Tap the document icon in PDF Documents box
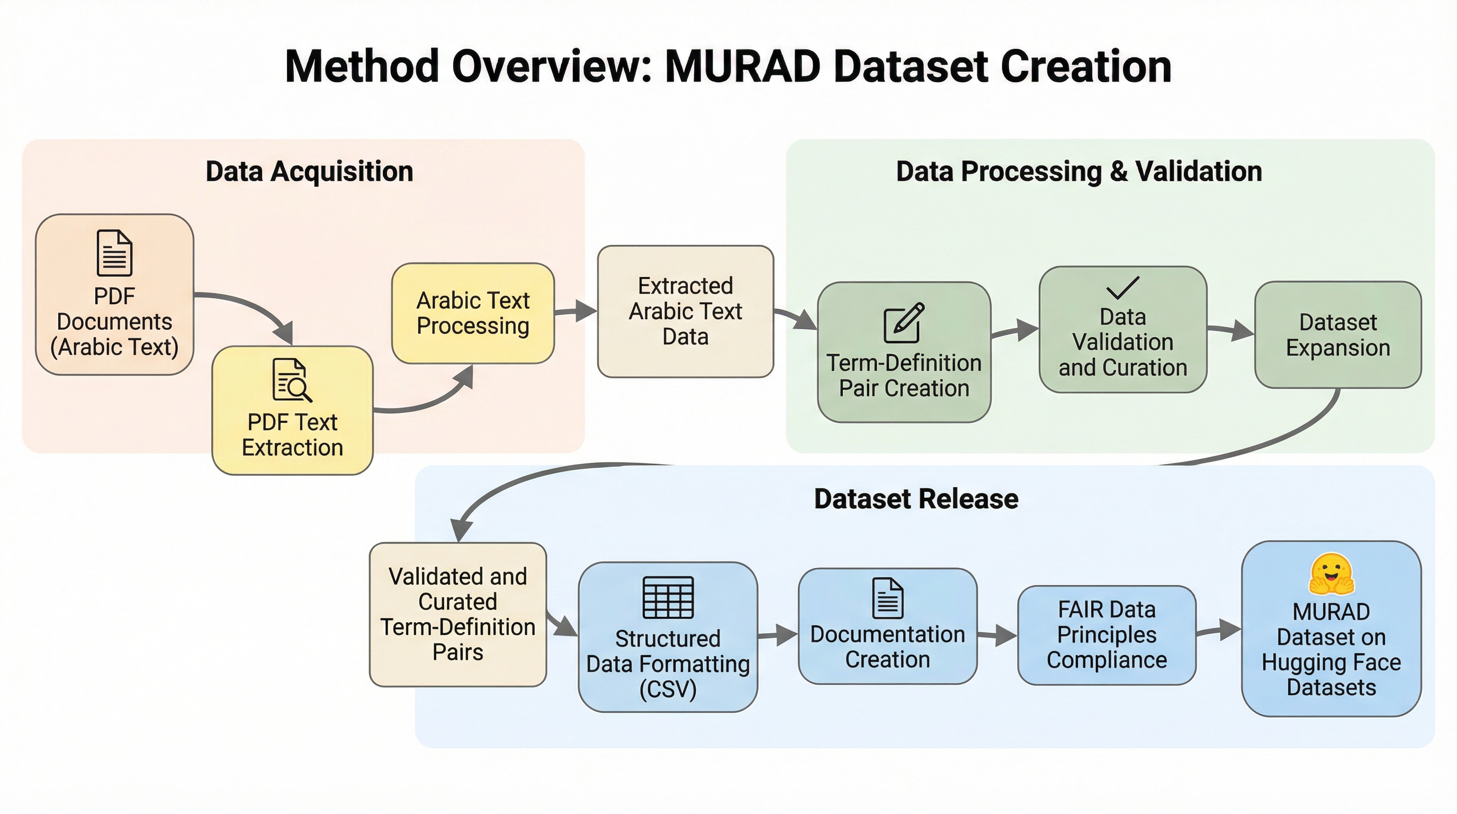115,252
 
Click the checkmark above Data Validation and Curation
1123,288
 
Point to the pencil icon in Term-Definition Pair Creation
904,323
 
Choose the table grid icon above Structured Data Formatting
668,597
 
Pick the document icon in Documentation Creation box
887,598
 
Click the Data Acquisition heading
309,172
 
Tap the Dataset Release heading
916,499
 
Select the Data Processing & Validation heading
1079,172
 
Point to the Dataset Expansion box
1338,334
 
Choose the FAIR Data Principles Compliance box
1107,635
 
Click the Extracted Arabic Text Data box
686,311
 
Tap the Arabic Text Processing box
473,313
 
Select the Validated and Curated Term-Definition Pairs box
457,615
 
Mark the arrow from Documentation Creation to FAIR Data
997,636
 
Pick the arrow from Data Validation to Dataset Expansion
1231,330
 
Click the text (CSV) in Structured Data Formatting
668,689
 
